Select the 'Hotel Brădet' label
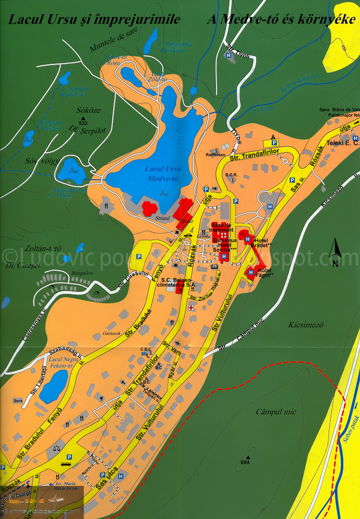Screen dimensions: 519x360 point(261,243)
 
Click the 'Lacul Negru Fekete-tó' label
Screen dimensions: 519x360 point(60,363)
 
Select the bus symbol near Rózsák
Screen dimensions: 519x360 point(66,464)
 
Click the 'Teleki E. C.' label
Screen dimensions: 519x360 point(341,142)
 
